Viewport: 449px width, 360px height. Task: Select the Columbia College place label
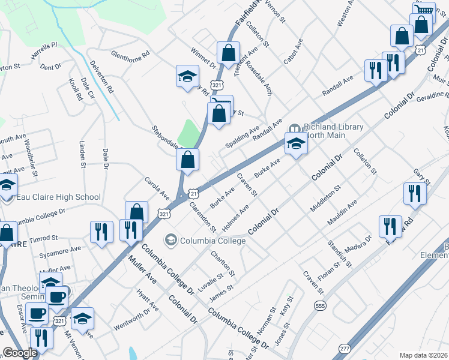pos(212,241)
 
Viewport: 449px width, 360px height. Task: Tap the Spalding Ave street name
pos(243,137)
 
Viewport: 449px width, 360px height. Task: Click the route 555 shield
pos(319,305)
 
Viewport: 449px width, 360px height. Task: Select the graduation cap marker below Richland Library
pos(295,145)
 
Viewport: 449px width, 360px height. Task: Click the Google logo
pos(20,353)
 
